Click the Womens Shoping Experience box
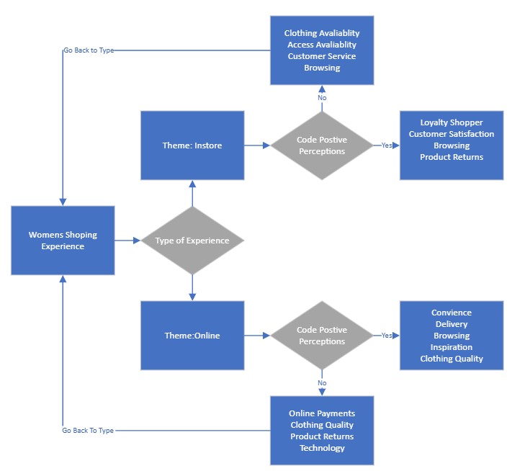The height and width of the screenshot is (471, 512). (x=63, y=241)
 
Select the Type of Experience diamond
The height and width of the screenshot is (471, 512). (x=192, y=241)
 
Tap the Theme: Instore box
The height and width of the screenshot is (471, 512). (x=192, y=145)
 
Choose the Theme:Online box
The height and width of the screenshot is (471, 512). (x=192, y=336)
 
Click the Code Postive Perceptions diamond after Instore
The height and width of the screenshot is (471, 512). (x=322, y=145)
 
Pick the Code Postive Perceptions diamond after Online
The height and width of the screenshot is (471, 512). (x=322, y=336)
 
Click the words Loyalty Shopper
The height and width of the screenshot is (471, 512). (x=452, y=122)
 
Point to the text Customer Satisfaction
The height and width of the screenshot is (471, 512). (x=452, y=134)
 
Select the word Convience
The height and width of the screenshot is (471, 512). (x=452, y=313)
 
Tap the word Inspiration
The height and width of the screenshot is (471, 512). (x=452, y=347)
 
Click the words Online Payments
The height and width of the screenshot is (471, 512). (x=322, y=413)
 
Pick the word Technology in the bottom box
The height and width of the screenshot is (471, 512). (x=322, y=448)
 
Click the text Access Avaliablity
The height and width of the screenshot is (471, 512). (x=322, y=45)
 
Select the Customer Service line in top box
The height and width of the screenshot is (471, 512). (x=322, y=56)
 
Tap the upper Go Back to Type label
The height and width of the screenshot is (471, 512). (x=89, y=50)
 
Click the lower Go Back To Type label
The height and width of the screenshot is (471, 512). (x=88, y=431)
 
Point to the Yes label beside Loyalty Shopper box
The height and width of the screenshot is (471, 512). (x=387, y=145)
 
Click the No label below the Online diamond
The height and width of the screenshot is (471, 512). (x=322, y=383)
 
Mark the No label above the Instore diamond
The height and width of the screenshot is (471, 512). (x=322, y=98)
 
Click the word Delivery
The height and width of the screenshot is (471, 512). (x=452, y=324)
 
